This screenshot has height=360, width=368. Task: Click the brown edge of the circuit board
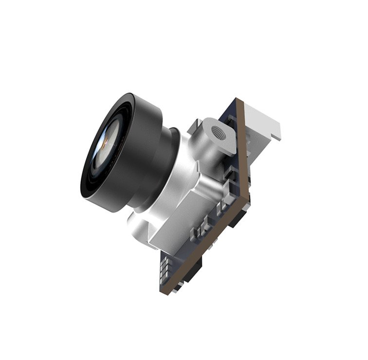coord(243,156)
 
